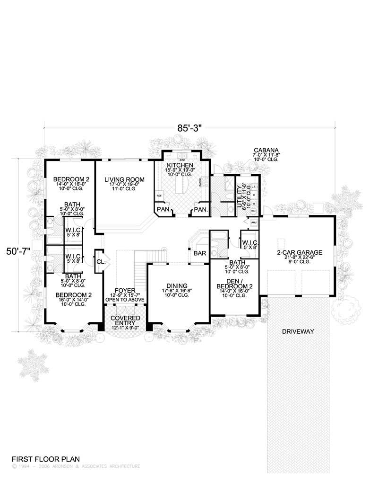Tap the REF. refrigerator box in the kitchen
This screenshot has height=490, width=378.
[159, 195]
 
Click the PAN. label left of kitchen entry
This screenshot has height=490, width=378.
[163, 209]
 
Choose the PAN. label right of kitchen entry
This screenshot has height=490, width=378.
[200, 209]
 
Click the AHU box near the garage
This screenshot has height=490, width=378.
[254, 222]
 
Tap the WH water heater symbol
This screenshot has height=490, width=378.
[253, 211]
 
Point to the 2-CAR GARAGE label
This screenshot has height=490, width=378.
[300, 252]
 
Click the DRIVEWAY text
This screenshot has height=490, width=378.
[298, 331]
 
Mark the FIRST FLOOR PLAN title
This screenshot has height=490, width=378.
[46, 459]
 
